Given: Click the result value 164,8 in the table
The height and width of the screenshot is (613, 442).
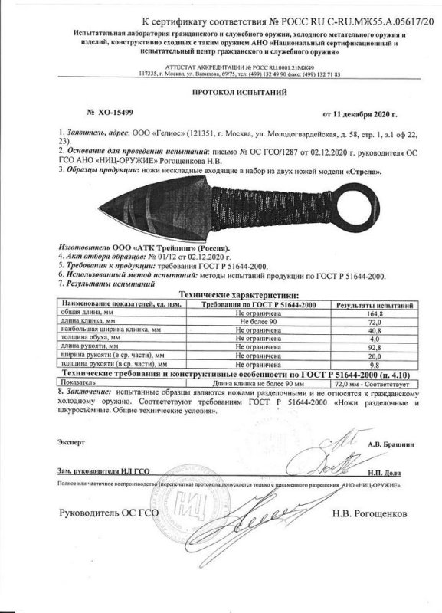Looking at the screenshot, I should coord(374,313).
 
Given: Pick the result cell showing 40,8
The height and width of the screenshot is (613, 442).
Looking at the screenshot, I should coord(374,330).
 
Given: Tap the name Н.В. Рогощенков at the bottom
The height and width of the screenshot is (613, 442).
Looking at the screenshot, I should coord(371,512).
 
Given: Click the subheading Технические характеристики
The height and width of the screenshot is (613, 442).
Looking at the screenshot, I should coord(222,295).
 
